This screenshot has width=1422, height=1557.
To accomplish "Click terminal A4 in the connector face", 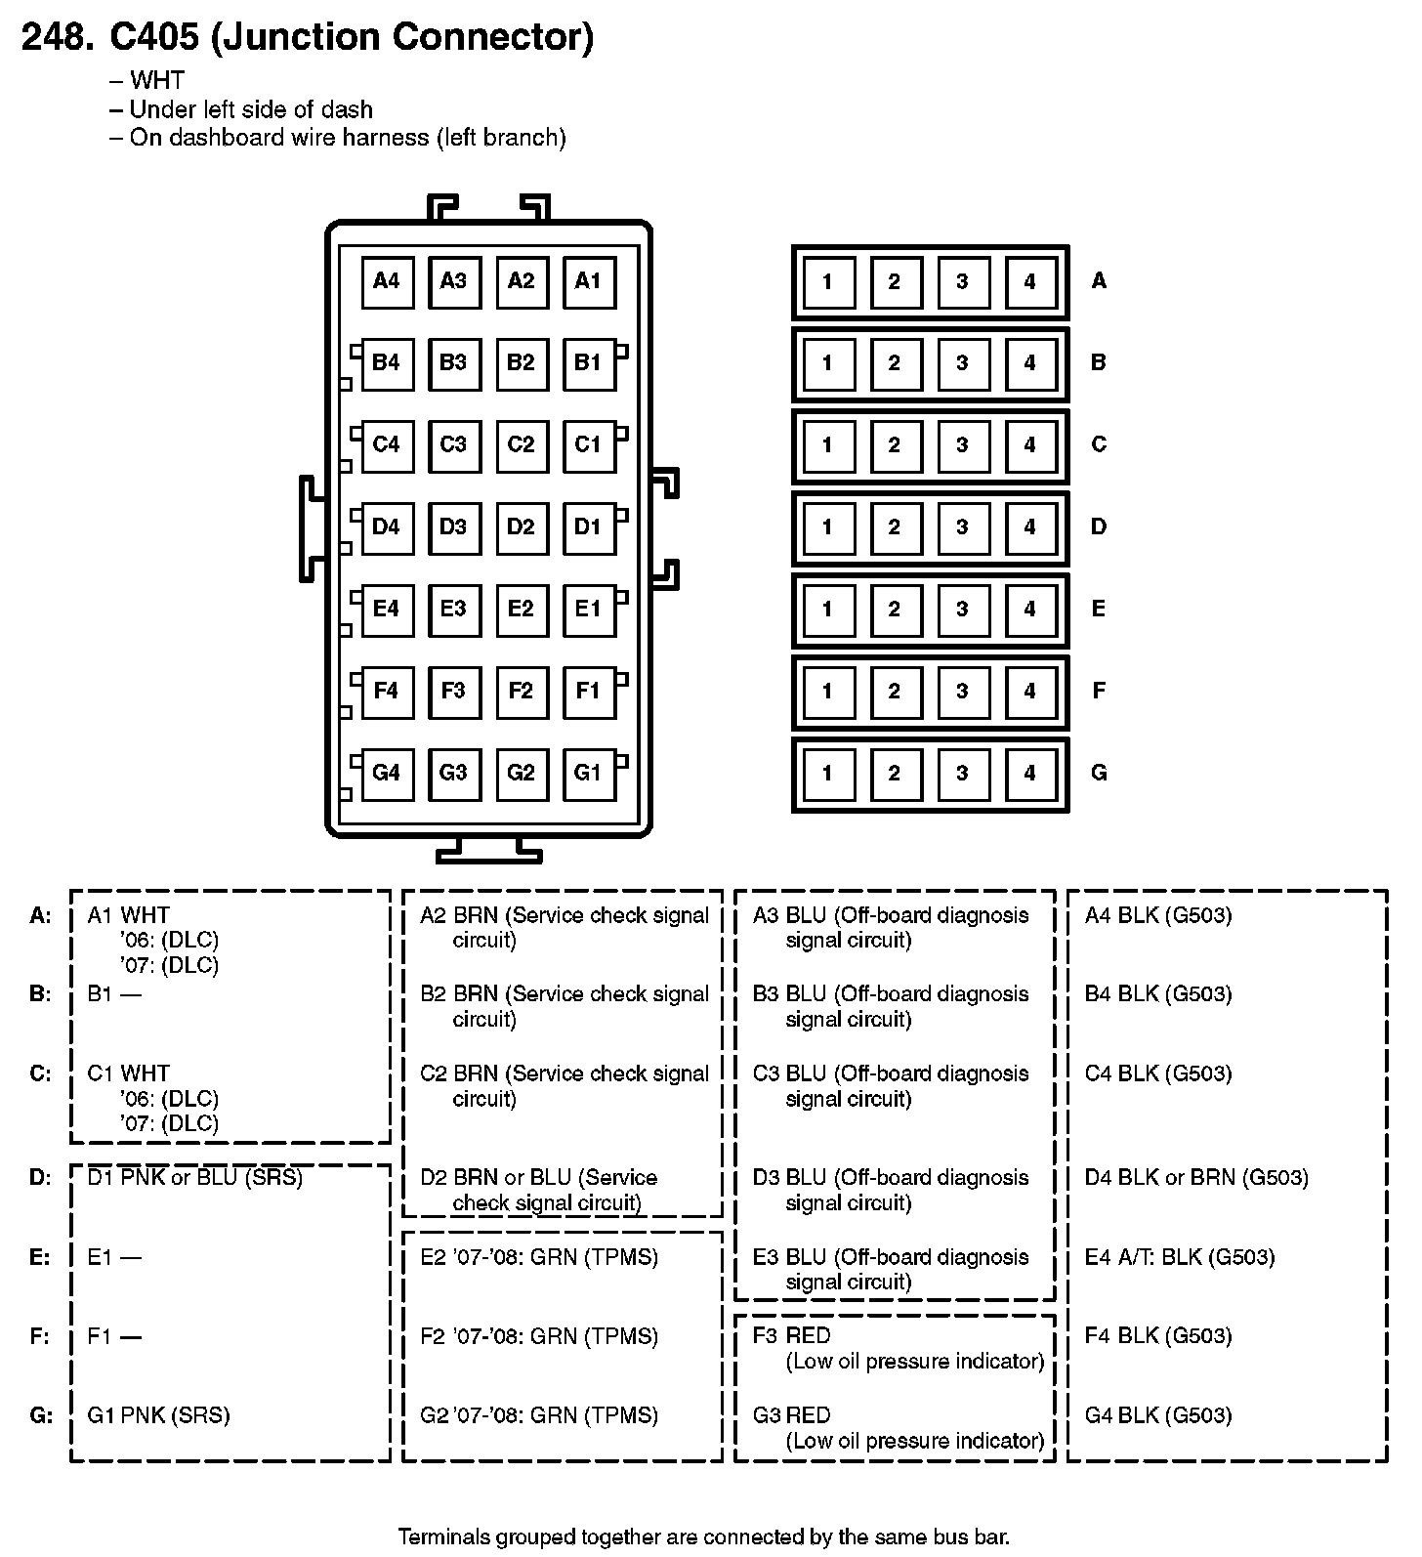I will click(387, 282).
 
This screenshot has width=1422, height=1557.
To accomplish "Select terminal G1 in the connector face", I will click(588, 774).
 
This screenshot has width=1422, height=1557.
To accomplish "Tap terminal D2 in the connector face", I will click(521, 527).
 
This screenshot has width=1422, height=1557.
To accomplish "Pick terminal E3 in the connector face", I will click(453, 610).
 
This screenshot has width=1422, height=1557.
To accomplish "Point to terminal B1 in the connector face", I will click(588, 363).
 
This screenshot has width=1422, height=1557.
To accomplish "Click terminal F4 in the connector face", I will click(387, 692).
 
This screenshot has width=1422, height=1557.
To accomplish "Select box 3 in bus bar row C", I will click(962, 445).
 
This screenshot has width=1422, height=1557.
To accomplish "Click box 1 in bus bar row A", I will click(827, 282).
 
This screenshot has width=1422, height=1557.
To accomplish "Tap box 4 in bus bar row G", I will click(1029, 774).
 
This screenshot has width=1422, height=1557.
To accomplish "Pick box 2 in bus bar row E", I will click(895, 610).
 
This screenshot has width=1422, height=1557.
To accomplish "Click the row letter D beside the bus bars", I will click(1099, 527).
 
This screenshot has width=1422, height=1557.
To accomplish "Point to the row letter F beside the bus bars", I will click(1099, 692).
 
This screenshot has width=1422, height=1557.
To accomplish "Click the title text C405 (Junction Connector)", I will click(351, 37).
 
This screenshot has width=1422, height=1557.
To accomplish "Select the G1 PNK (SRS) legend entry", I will click(158, 1415).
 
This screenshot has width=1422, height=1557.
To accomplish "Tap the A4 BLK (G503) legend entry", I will click(1158, 915).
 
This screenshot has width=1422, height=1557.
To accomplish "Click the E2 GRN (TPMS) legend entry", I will click(539, 1257).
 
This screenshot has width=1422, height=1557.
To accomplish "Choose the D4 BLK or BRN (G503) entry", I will click(1196, 1178).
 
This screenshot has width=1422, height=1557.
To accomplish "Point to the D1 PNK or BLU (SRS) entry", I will click(195, 1178).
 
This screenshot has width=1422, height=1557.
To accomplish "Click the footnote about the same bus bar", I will click(703, 1536).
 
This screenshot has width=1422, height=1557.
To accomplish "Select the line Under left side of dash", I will click(250, 109).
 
